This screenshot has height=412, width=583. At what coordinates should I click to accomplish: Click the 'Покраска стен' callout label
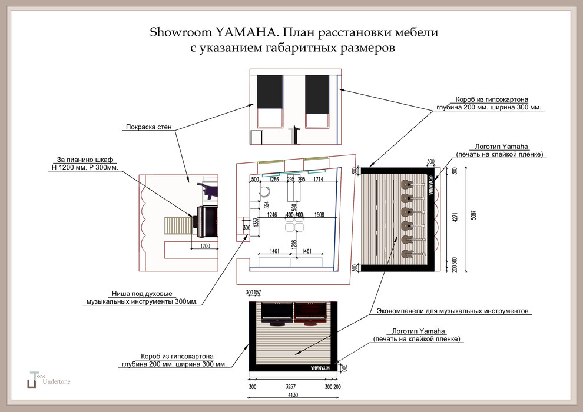pos(148,127)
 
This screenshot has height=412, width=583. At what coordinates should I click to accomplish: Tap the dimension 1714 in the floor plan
pos(318,179)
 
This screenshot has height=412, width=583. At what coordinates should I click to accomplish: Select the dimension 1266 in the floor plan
pos(274,179)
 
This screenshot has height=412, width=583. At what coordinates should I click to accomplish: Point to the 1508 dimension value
pos(320,215)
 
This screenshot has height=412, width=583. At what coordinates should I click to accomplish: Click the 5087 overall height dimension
pos(474,215)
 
